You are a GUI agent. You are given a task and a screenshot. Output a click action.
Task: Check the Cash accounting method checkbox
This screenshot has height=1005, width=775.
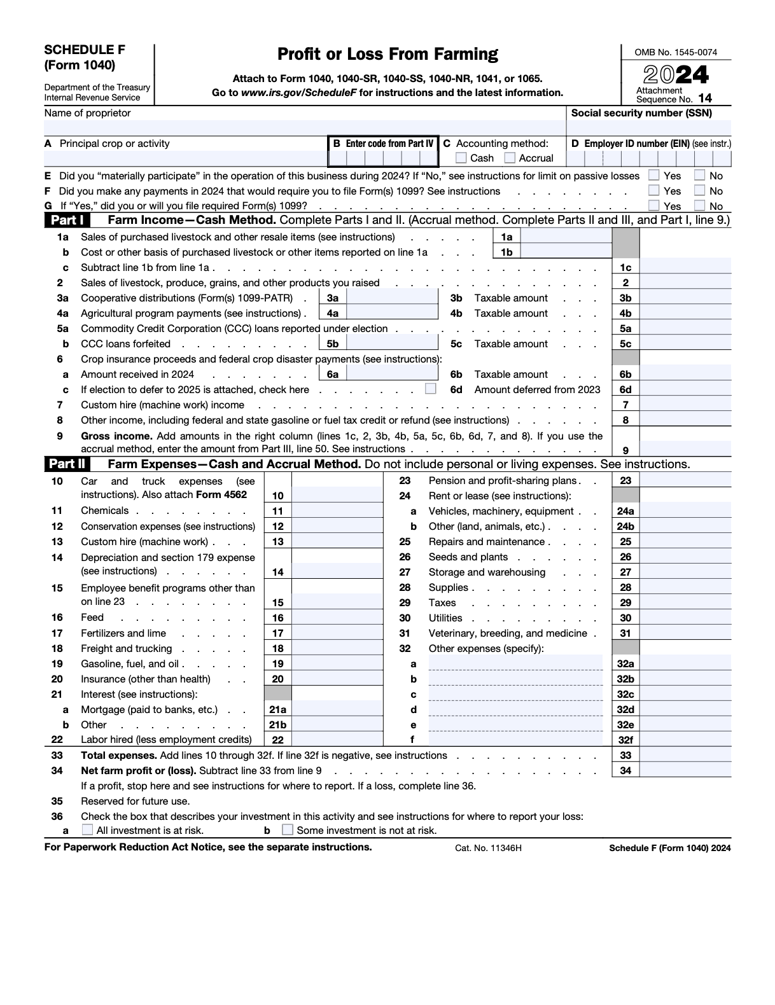coord(461,158)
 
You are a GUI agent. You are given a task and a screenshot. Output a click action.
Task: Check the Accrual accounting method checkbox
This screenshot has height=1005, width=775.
coord(510,158)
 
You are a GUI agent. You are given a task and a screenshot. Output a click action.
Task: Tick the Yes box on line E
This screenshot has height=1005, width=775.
coord(653,175)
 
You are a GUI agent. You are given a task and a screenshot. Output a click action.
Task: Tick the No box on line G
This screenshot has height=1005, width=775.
coord(699,205)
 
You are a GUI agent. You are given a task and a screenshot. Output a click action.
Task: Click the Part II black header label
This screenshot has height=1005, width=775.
coord(67,464)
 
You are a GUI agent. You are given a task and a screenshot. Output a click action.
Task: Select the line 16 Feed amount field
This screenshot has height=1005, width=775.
coord(337,618)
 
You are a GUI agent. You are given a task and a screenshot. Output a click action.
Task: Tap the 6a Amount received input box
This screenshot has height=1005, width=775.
coord(392,375)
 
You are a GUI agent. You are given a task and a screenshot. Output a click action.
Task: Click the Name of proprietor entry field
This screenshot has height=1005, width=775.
coord(304,127)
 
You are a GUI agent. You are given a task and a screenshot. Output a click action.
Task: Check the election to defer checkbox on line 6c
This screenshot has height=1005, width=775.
coord(431,389)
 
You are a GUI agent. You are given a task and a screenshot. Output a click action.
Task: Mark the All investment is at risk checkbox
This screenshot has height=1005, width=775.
coord(87,829)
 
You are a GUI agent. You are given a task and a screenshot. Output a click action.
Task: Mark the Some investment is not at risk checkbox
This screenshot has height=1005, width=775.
coord(288,829)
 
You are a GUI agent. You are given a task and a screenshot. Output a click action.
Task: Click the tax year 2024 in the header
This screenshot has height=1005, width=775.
coord(675,75)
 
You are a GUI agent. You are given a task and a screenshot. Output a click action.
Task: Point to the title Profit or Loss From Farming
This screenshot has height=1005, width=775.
coord(387,54)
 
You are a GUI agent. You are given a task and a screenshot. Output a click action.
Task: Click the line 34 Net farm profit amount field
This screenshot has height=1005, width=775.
coord(685,770)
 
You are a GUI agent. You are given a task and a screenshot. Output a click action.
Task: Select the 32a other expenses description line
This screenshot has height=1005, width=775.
coord(515,663)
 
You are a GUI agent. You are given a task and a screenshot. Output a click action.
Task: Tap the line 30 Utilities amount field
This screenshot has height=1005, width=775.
coord(685,618)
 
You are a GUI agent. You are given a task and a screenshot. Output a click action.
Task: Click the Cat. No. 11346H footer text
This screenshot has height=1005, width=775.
coord(488,848)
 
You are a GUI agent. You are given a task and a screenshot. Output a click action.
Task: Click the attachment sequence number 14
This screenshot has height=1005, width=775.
coord(704,99)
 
